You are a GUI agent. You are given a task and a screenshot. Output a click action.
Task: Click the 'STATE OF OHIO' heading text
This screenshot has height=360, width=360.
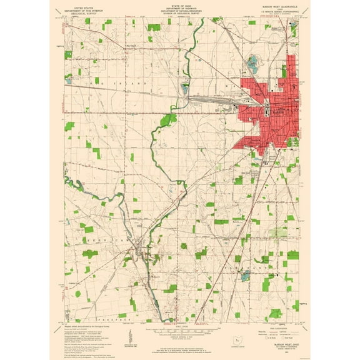tap(179, 4)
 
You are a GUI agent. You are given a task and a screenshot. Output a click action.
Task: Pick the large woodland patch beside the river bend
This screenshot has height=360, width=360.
tap(167, 118)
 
